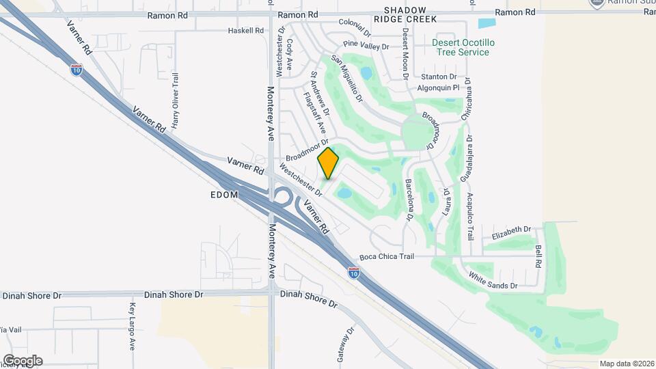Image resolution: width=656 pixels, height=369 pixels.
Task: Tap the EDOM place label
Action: [224, 195]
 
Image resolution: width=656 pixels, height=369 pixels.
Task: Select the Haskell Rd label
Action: [245, 31]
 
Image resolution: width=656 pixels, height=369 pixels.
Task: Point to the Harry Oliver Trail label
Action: [176, 101]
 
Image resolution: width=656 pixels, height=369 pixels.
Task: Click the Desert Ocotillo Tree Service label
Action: [461, 47]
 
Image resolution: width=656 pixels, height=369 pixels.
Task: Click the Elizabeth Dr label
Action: [511, 230]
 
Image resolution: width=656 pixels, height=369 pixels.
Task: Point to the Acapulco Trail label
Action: [470, 216]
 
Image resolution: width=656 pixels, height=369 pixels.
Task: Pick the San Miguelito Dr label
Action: [346, 79]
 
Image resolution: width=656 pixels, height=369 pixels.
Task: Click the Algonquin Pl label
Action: [439, 88]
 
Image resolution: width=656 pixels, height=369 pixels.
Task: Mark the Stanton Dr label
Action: [439, 77]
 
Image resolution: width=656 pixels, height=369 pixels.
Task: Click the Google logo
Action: [23, 360]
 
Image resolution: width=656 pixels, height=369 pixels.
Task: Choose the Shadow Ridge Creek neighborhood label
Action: [410, 14]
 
